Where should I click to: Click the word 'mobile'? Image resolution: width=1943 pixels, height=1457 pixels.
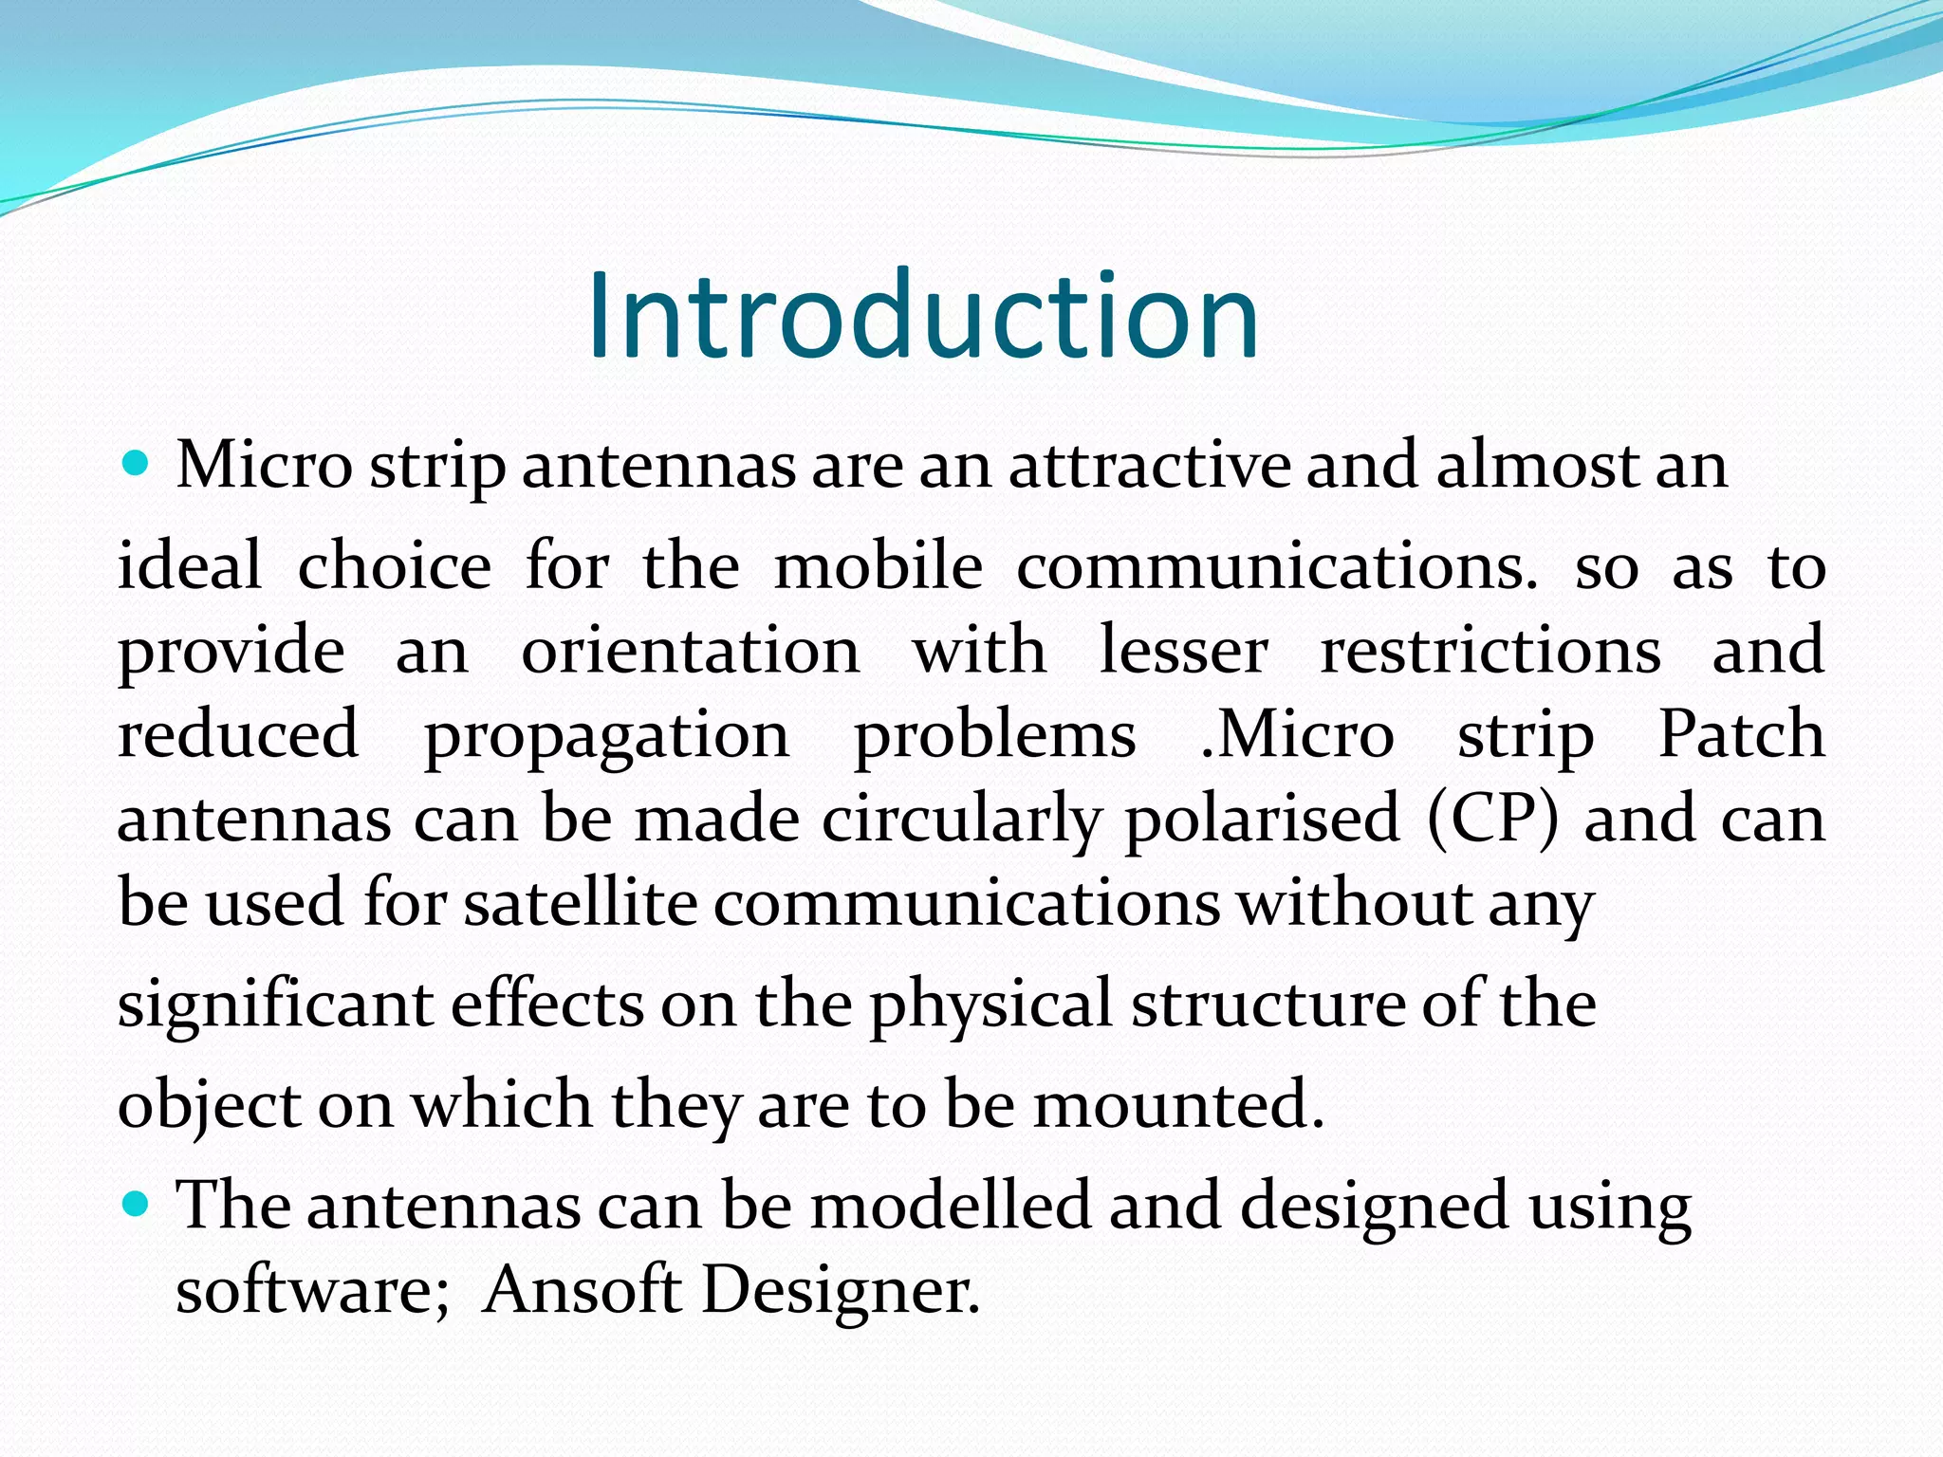(x=879, y=567)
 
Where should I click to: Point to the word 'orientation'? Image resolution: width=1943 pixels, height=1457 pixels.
(x=691, y=652)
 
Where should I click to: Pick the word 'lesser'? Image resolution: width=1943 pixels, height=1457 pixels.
(x=1183, y=652)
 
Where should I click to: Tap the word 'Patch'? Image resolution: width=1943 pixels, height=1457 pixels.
(x=1741, y=735)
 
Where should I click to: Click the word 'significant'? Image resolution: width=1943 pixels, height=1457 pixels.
(x=274, y=1005)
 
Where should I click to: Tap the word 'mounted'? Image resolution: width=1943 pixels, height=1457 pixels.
(x=1176, y=1105)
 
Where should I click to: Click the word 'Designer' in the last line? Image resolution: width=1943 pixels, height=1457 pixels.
(x=839, y=1291)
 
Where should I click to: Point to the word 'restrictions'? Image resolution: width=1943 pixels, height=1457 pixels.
(x=1490, y=652)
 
